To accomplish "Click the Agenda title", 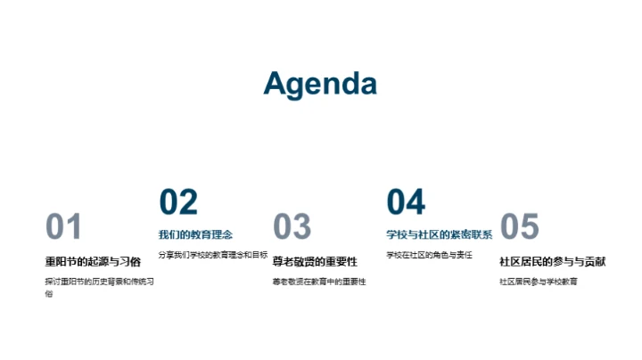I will [320, 83].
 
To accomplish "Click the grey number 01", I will [63, 227].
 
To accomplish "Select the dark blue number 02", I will [178, 202].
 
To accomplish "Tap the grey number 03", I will [292, 227].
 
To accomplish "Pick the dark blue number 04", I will [406, 202].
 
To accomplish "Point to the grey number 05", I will [520, 227].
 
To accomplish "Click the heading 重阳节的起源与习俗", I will [93, 262].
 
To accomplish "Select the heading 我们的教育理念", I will [195, 235].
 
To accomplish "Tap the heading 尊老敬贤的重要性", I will [315, 262].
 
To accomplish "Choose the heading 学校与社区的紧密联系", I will [439, 235].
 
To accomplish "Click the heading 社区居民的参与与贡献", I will [552, 262].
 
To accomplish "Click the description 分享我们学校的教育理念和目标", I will [213, 255].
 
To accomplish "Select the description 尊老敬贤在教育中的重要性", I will [319, 282].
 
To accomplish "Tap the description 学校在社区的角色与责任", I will [429, 255].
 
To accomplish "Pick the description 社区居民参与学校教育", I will [538, 282].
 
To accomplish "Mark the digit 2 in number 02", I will [188, 202].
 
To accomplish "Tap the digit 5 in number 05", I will [530, 227].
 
